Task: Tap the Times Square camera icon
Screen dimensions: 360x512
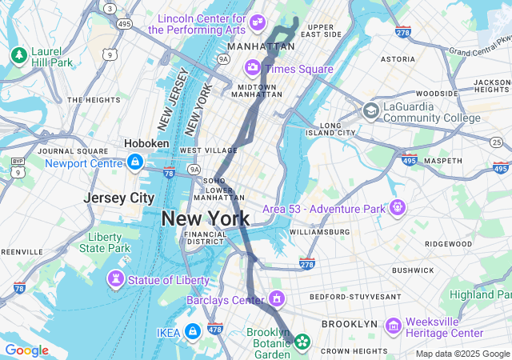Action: (x=253, y=68)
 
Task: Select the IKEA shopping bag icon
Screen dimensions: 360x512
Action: (x=192, y=331)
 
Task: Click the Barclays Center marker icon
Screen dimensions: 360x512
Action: (x=277, y=300)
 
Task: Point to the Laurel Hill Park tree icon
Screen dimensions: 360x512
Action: (x=18, y=55)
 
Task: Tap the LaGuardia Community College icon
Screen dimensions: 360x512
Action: (x=370, y=110)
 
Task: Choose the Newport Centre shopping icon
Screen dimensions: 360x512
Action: (x=135, y=163)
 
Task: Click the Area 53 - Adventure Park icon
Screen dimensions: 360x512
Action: (x=398, y=208)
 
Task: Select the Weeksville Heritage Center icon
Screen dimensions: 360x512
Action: (x=393, y=326)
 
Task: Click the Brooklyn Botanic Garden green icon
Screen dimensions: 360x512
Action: (x=302, y=342)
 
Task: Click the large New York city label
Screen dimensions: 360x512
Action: (x=206, y=218)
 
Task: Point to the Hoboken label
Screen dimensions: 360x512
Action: (x=146, y=143)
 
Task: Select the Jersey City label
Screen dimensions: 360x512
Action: (x=119, y=198)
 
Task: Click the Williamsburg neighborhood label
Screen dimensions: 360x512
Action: (x=319, y=232)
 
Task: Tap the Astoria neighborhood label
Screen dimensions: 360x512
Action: (x=398, y=59)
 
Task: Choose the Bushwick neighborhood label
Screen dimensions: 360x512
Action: (x=412, y=270)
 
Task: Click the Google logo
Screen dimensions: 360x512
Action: (x=26, y=350)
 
